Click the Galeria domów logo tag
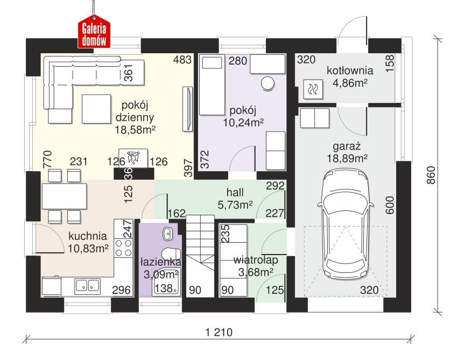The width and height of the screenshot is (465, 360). [x=95, y=32]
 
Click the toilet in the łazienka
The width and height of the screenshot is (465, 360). [x=171, y=256]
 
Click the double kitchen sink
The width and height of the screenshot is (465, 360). [x=86, y=286]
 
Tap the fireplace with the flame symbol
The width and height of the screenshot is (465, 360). [x=132, y=158]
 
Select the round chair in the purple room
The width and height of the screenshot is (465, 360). [x=267, y=83]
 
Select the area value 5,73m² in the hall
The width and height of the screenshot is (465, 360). [x=235, y=204]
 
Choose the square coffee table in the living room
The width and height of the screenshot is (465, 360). [x=95, y=105]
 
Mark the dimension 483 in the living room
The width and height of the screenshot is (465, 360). [x=182, y=60]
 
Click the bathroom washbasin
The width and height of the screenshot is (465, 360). [x=167, y=234]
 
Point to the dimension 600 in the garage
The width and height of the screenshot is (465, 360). [x=390, y=204]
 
